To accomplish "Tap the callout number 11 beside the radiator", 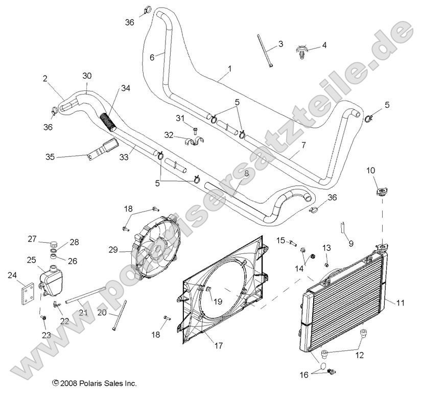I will click(x=400, y=303).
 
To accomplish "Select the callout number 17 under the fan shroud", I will click(x=218, y=346).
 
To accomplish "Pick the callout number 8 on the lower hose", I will click(x=246, y=173).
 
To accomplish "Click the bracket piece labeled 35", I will click(x=100, y=152).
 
